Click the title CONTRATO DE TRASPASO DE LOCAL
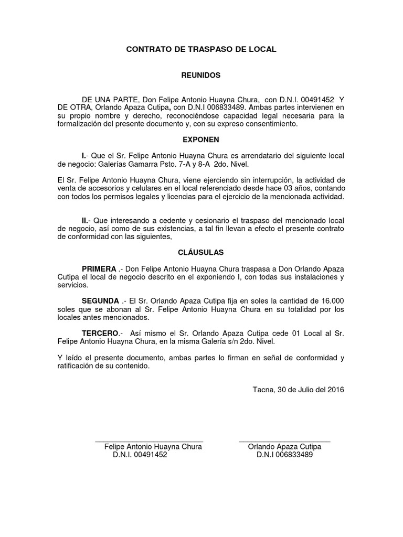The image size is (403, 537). (201, 49)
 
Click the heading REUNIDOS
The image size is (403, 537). (201, 76)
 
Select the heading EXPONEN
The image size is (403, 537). (201, 140)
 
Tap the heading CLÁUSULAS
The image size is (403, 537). (201, 252)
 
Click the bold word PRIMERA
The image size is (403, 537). (99, 268)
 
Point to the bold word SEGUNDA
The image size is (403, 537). (100, 301)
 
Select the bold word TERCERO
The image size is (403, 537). (100, 334)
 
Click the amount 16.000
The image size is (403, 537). (331, 301)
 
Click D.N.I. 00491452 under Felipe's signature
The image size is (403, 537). (140, 455)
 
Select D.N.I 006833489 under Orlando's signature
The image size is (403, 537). (284, 455)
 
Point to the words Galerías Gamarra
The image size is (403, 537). (137, 164)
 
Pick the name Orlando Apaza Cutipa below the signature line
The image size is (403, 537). (284, 447)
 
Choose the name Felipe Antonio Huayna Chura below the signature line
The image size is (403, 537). (153, 447)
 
